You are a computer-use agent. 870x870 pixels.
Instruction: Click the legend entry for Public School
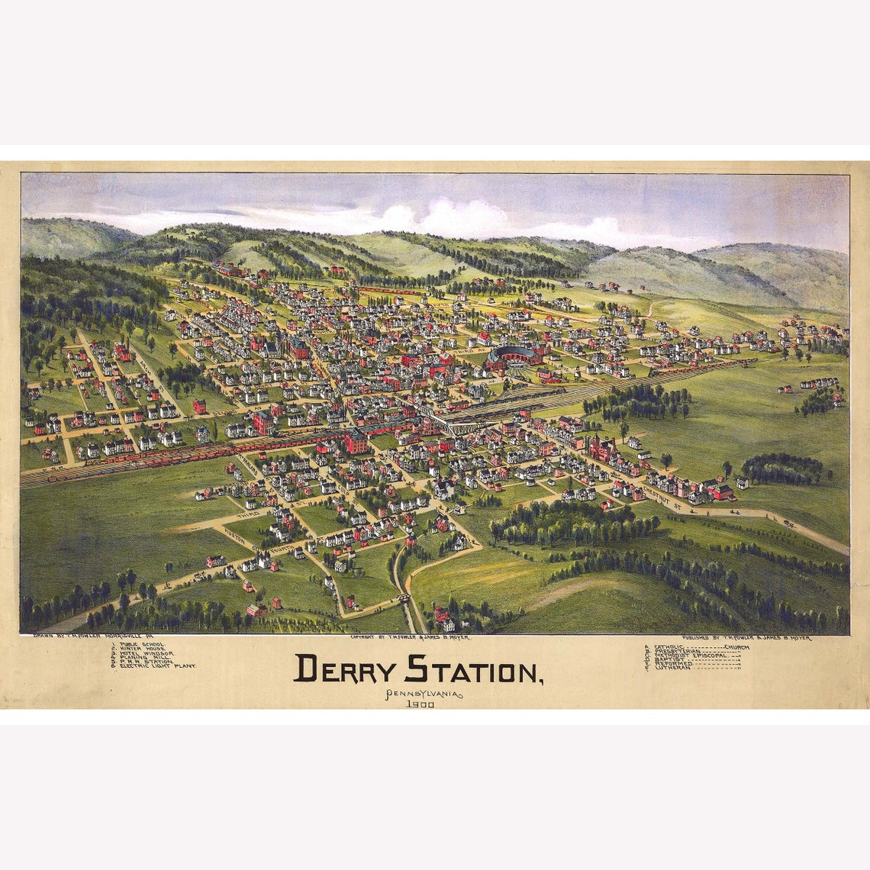[142, 645]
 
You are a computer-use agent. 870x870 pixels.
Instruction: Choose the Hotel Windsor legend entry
[147, 653]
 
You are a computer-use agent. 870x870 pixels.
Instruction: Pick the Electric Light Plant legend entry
[157, 666]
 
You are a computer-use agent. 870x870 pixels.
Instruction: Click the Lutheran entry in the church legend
[670, 668]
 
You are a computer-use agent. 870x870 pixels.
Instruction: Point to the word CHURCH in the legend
[737, 647]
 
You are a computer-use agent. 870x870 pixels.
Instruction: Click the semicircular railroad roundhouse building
[514, 356]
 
